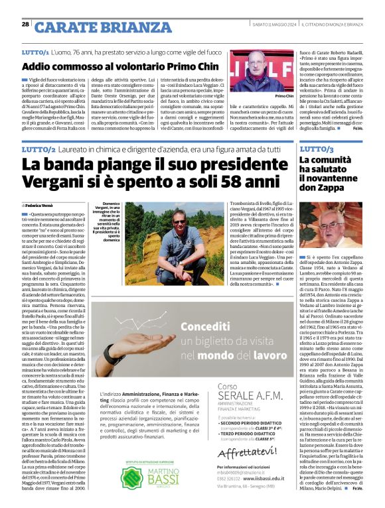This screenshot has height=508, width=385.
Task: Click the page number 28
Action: pyautogui.click(x=25, y=25)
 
